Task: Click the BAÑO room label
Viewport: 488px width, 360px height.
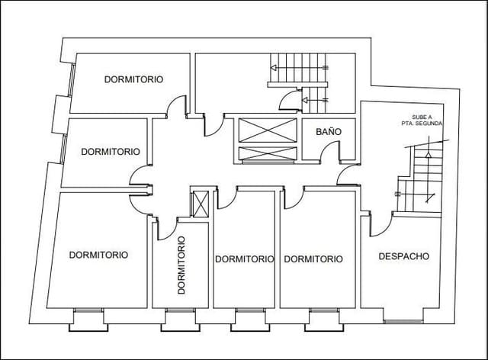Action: click(x=329, y=131)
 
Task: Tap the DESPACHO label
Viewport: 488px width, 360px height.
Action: click(x=403, y=256)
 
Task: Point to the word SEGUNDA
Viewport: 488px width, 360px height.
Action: click(x=425, y=124)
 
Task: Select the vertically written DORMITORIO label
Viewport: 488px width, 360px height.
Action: click(x=182, y=265)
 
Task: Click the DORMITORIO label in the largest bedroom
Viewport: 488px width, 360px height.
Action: click(x=98, y=255)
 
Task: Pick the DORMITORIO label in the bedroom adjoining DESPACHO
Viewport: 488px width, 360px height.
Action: click(x=313, y=259)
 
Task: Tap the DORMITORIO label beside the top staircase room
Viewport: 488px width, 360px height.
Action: click(x=134, y=79)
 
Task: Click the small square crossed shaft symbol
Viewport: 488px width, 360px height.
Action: click(x=200, y=204)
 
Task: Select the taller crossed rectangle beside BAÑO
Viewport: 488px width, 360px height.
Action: click(x=266, y=130)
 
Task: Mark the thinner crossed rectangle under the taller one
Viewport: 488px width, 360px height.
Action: click(x=266, y=154)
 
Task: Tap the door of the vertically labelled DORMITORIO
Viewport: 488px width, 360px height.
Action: click(x=166, y=227)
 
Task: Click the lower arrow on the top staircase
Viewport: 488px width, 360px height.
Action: click(x=314, y=99)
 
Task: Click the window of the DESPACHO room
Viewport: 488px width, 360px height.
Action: click(x=406, y=313)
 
